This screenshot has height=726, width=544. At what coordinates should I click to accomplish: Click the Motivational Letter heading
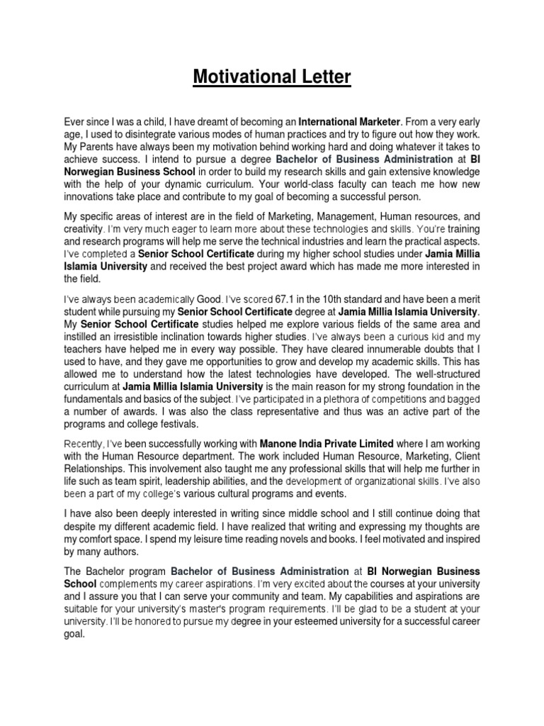[272, 77]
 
